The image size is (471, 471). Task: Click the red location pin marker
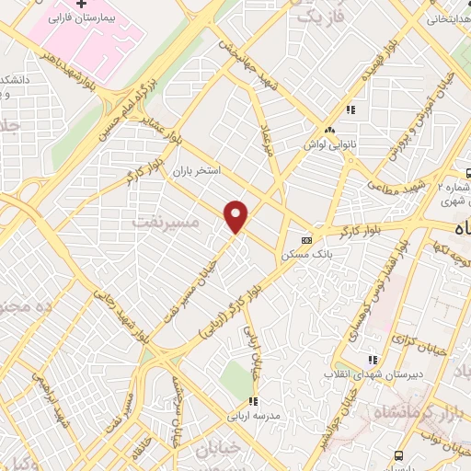(x=236, y=215)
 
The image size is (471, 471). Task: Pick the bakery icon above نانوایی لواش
(x=328, y=130)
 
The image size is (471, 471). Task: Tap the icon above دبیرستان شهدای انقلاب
(x=372, y=360)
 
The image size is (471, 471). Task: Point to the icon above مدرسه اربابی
(x=253, y=401)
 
